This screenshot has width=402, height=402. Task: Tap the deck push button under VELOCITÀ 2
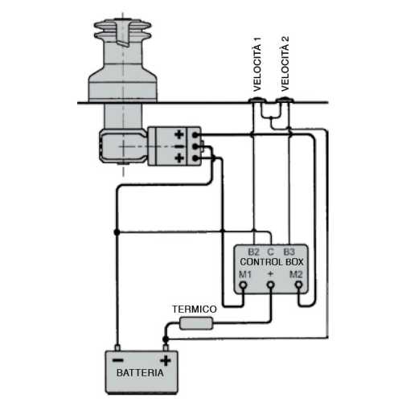pyautogui.click(x=283, y=102)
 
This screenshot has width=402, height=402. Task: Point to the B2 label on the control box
pyautogui.click(x=253, y=252)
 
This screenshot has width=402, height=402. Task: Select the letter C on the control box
pyautogui.click(x=272, y=252)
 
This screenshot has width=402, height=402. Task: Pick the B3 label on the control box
pyautogui.click(x=290, y=252)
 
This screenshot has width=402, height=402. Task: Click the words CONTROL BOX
pyautogui.click(x=272, y=263)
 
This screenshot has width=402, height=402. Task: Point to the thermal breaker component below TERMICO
pyautogui.click(x=196, y=323)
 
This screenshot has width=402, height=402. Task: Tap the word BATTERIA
pyautogui.click(x=141, y=374)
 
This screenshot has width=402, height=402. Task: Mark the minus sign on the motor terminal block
pyautogui.click(x=178, y=146)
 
